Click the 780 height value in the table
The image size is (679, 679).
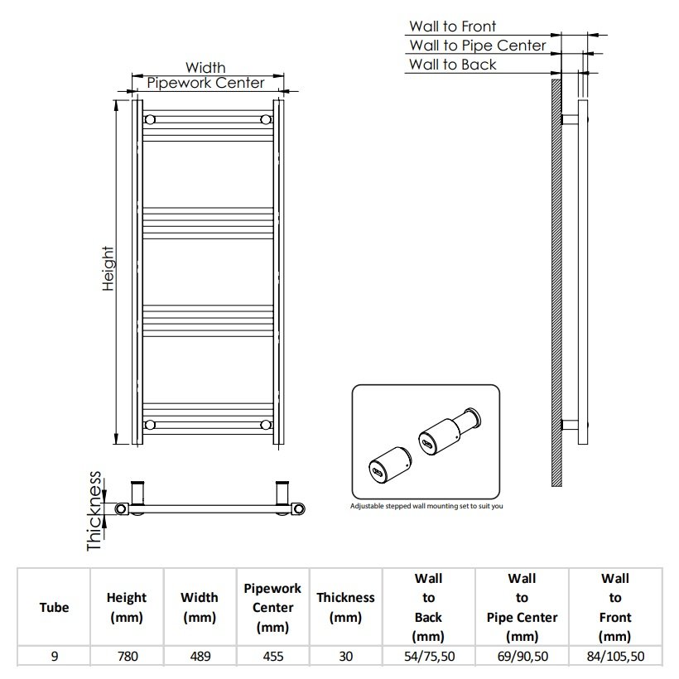128,657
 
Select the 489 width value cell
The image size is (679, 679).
200,657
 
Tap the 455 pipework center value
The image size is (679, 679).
272,657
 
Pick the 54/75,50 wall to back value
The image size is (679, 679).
429,657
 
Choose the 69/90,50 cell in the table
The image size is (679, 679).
522,657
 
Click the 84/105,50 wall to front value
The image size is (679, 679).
615,657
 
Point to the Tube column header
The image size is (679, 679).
54,607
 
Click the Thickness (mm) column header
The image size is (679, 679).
345,607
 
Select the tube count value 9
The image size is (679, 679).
54,657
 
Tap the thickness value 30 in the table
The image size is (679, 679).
345,657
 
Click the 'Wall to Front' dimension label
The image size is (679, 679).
452,26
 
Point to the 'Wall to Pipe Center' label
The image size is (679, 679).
478,46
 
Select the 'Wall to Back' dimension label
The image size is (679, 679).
452,65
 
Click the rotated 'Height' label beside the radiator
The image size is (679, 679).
108,268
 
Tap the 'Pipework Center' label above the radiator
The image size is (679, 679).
205,83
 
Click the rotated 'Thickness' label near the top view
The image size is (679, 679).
94,511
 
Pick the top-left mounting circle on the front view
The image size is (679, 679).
150,119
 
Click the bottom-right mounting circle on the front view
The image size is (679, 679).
266,425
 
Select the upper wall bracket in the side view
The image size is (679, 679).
570,119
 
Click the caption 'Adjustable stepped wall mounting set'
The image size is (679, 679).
426,506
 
